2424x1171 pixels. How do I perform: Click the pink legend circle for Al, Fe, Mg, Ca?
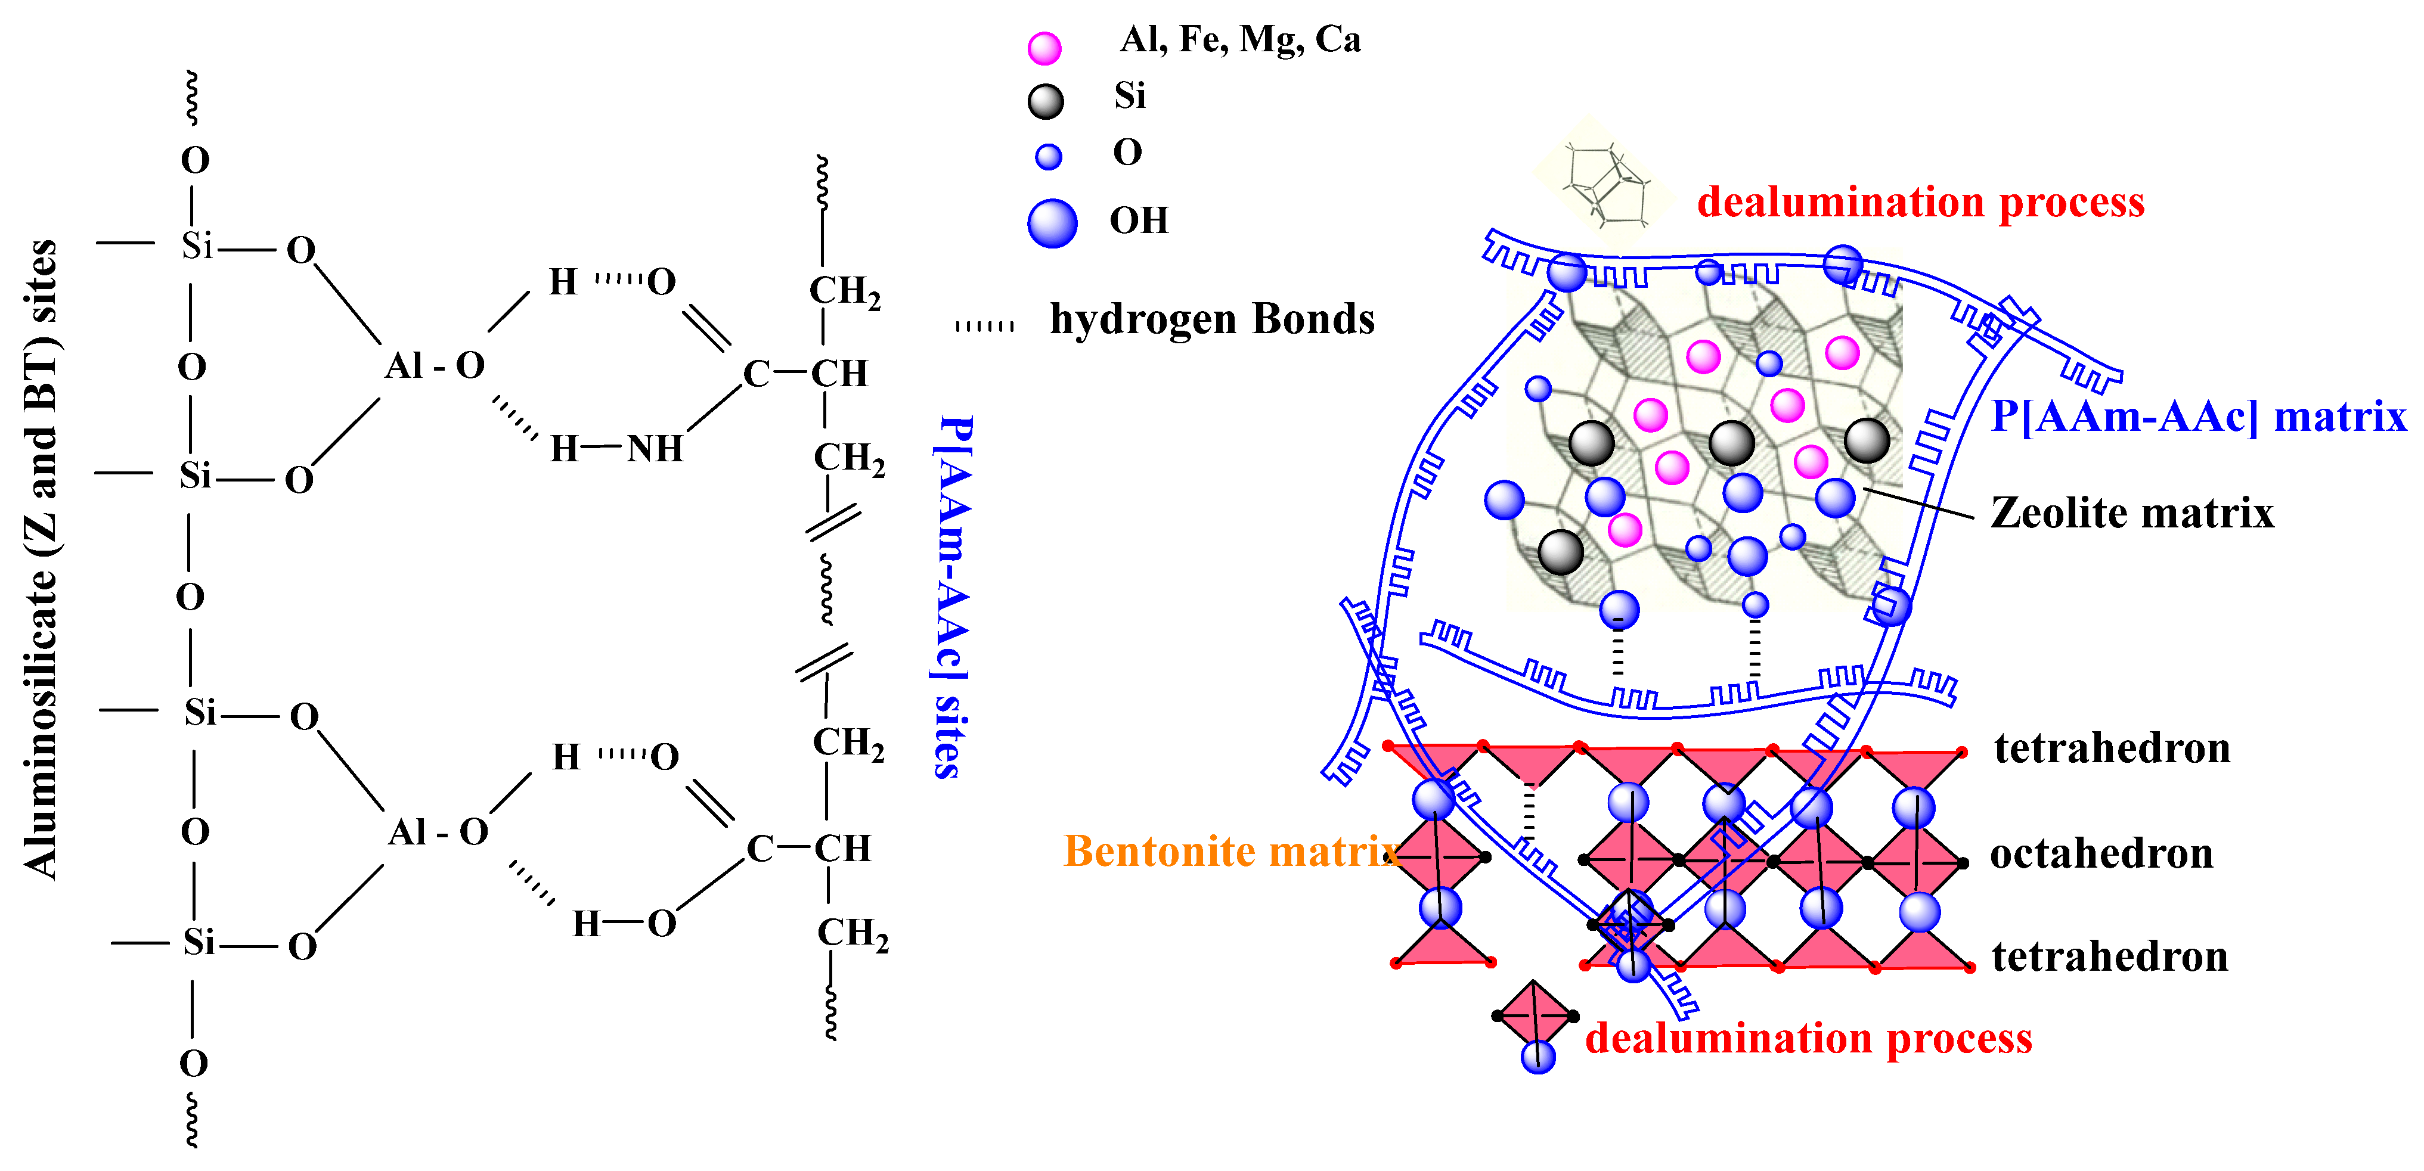(x=1044, y=47)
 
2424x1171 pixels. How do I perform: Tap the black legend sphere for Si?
(x=1046, y=101)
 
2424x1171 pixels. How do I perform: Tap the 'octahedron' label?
(x=2101, y=854)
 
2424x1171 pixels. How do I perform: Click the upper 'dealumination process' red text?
(x=1920, y=202)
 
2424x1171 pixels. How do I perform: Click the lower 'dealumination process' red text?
(x=1809, y=1038)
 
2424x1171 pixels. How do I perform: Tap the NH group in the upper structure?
(x=655, y=449)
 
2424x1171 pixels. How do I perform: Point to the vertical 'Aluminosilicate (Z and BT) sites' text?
(x=41, y=560)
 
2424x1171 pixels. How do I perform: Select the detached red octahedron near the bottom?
(x=1534, y=1016)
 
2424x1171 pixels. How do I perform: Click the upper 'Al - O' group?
(x=434, y=365)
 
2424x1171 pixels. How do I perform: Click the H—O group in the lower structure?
(x=624, y=924)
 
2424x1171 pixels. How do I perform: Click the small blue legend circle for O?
(x=1048, y=156)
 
